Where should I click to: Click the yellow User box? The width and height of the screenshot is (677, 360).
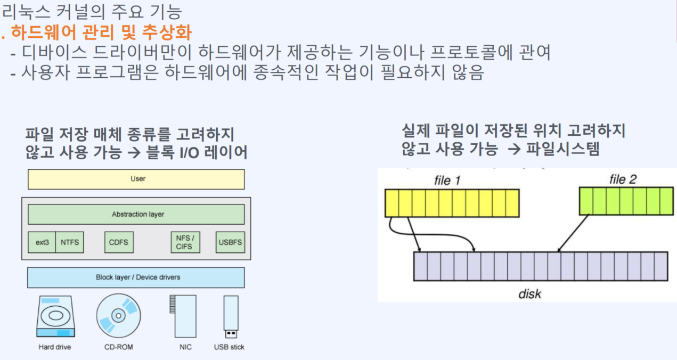[136, 179]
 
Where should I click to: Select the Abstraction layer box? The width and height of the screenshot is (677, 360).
[136, 214]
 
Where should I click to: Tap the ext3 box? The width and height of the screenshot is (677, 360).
[42, 242]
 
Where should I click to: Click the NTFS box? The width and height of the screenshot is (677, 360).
[69, 242]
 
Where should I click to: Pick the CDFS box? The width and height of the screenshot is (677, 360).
[118, 242]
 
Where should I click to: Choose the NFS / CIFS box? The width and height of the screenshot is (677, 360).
[185, 242]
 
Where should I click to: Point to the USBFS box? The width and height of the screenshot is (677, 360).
[230, 242]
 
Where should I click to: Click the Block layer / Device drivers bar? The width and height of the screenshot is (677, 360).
[136, 277]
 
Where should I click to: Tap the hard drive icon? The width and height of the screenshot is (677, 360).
[55, 316]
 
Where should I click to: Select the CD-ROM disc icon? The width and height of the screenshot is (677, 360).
[118, 315]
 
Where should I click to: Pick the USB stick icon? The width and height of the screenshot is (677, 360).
[231, 317]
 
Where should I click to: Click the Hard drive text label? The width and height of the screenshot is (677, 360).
[55, 347]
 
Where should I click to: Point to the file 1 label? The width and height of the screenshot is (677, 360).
[447, 181]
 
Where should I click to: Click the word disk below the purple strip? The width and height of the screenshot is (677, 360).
[529, 293]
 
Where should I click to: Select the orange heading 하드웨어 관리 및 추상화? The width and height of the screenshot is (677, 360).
[101, 33]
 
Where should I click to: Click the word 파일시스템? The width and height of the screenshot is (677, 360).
[562, 149]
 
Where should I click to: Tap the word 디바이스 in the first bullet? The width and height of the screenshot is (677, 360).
[53, 53]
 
